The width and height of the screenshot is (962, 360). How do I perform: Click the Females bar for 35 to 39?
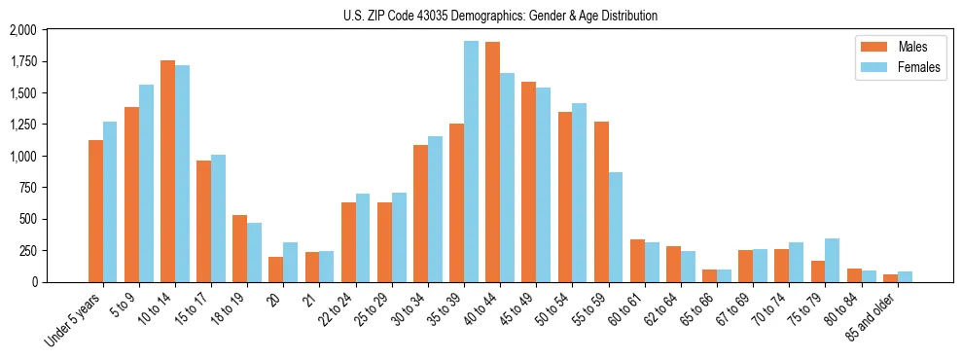[x=471, y=162]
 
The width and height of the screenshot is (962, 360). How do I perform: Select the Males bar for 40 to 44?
[x=493, y=162]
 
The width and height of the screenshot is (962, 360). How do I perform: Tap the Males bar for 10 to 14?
[x=168, y=171]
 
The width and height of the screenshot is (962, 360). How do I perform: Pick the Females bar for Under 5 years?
[x=110, y=201]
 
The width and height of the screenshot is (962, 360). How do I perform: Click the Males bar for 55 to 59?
[x=601, y=201]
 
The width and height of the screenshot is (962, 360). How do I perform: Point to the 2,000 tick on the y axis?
[x=22, y=30]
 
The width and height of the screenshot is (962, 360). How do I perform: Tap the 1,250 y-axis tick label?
[x=22, y=125]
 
